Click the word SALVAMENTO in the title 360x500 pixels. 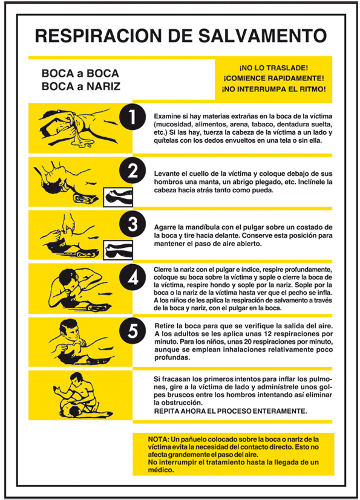point(263,35)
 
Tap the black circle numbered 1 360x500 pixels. point(133,117)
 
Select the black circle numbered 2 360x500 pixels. point(133,170)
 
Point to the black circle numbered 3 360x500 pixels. point(133,224)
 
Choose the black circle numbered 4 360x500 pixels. point(133,277)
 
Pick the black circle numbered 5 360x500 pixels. point(133,331)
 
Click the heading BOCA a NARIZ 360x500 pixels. point(80,86)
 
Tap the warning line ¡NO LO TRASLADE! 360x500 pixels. point(273,68)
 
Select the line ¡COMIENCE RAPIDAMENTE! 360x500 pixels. point(273,79)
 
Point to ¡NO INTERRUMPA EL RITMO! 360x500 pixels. point(273,89)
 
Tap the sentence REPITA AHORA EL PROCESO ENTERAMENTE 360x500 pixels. point(231,411)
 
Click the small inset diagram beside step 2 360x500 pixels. point(118,197)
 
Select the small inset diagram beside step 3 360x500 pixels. point(118,250)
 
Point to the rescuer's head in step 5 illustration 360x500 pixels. point(70,328)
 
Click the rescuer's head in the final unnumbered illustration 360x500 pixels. point(77,378)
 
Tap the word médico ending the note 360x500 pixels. point(161,470)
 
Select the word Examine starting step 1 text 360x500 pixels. point(166,117)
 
